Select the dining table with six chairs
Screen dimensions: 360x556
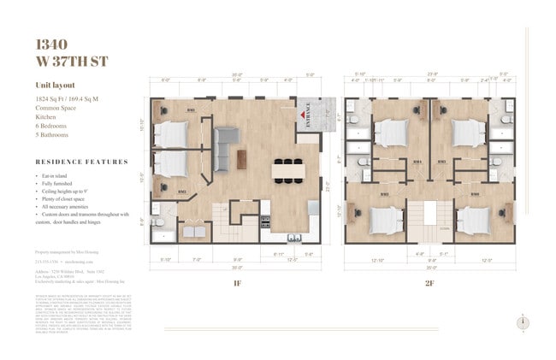click(288, 170)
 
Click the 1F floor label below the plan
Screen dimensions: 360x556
click(236, 281)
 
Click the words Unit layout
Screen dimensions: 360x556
click(56, 86)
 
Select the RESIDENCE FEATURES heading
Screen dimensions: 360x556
click(82, 161)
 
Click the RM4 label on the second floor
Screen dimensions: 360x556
click(417, 162)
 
